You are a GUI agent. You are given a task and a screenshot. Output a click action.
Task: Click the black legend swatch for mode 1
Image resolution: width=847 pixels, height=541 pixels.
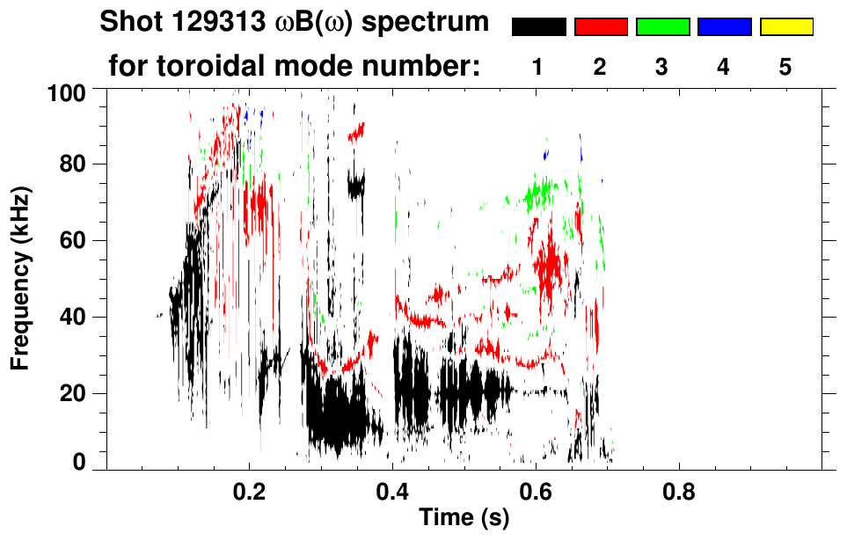(x=538, y=26)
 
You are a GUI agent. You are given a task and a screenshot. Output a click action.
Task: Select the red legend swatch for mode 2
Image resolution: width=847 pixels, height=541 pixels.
(x=601, y=26)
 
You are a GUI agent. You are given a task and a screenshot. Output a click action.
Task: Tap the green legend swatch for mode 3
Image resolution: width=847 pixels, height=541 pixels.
(x=662, y=26)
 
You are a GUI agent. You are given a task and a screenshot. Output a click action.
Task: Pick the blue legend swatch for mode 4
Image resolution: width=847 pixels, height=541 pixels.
(x=724, y=26)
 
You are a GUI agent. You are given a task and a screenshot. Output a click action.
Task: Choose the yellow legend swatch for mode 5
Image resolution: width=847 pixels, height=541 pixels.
(x=786, y=26)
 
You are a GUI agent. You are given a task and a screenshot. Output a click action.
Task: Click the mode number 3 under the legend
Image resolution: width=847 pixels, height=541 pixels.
(x=662, y=68)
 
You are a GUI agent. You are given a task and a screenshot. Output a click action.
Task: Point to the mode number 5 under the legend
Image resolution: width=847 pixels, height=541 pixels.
(x=785, y=68)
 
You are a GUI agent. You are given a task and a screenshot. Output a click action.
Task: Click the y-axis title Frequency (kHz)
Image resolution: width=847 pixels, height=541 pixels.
(x=20, y=278)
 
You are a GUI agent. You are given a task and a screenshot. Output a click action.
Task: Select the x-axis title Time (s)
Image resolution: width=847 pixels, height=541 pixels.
(x=464, y=518)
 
